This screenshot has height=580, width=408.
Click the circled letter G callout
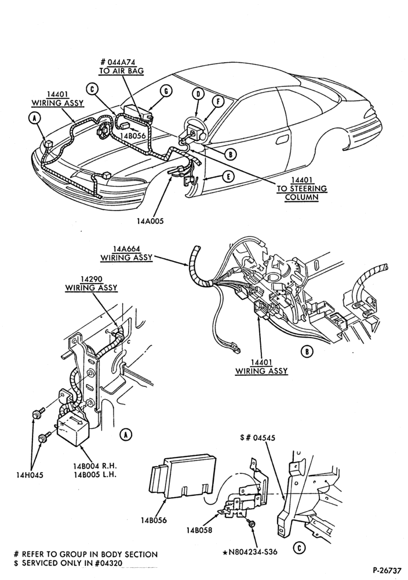166,91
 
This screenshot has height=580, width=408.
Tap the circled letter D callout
198,93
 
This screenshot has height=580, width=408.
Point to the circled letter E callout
228,177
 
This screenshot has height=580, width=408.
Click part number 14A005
150,221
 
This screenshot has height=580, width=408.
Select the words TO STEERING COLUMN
302,193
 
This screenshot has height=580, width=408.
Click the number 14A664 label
127,249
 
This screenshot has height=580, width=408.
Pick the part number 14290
92,279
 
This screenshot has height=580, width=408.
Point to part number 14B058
199,530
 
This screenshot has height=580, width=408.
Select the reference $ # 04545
257,438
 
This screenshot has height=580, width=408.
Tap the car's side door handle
283,140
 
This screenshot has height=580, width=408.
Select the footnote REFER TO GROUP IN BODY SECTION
86,554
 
